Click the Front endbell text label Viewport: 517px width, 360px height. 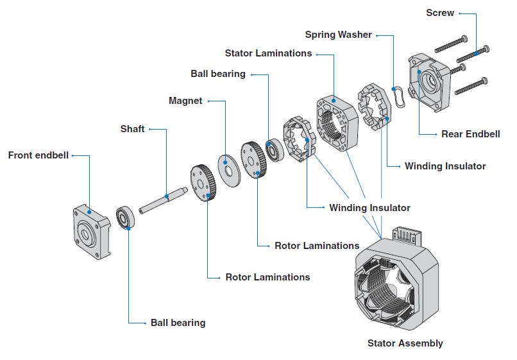tap(38, 155)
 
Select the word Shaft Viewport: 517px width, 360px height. tap(132, 129)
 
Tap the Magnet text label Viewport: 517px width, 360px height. tap(185, 101)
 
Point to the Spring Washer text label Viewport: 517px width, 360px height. tap(338, 35)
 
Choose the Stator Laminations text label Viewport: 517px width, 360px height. tap(268, 53)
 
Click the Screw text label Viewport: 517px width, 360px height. tap(440, 13)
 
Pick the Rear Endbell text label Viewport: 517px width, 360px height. tap(471, 134)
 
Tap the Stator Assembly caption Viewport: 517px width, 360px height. tap(405, 343)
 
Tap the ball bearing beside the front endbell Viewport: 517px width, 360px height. tap(125, 218)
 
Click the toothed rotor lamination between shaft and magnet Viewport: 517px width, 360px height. tap(205, 184)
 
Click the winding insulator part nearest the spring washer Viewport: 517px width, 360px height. tap(374, 107)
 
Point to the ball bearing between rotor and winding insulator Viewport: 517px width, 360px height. tap(276, 150)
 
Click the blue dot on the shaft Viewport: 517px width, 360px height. tap(165, 197)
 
